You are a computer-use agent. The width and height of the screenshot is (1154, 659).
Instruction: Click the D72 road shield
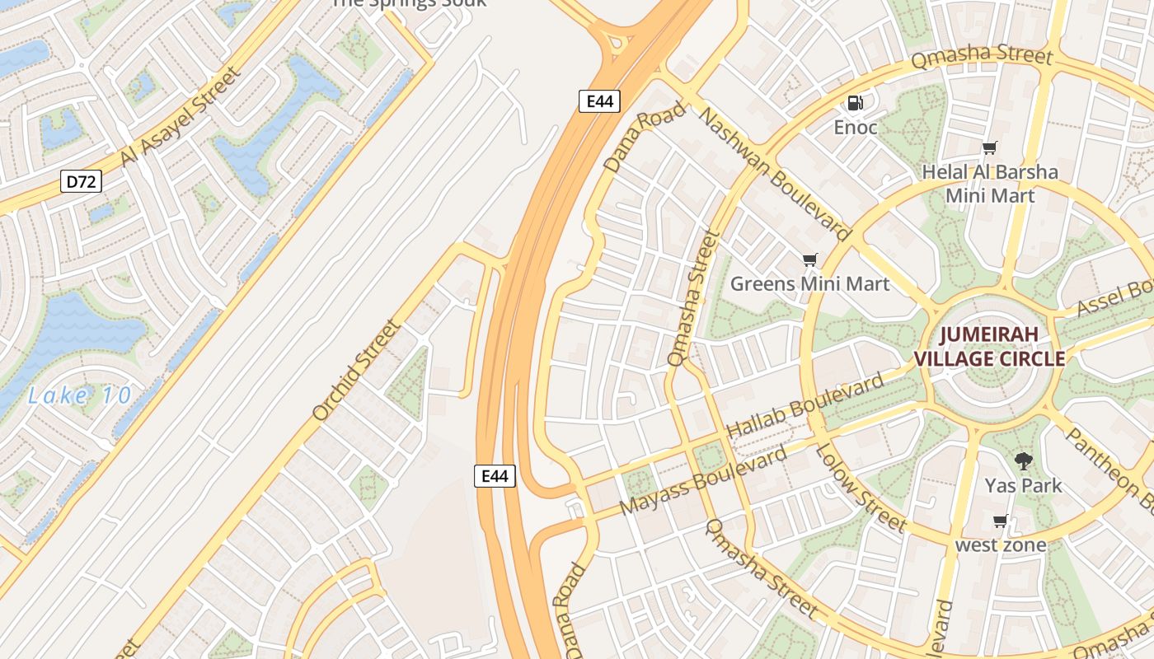(81, 181)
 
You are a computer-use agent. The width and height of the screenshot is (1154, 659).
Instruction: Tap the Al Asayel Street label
(181, 116)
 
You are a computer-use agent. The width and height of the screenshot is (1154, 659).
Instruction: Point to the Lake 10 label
(80, 395)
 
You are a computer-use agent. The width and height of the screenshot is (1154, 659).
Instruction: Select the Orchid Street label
(357, 370)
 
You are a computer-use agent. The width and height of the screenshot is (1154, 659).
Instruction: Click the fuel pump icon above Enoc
(856, 103)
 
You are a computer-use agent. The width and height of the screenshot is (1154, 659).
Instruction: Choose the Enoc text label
(856, 128)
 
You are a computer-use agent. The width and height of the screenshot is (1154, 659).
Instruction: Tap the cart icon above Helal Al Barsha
(989, 148)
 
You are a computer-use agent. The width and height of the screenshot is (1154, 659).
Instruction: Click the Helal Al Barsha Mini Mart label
(990, 184)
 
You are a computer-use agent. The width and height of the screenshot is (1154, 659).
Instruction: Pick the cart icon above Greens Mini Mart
(809, 260)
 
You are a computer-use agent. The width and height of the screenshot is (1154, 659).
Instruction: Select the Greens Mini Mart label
(810, 284)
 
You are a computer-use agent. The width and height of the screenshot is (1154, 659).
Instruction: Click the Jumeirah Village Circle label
(990, 347)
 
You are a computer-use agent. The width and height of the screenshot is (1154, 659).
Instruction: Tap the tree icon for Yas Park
(1024, 461)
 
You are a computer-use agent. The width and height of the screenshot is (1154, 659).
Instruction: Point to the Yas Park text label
(1024, 485)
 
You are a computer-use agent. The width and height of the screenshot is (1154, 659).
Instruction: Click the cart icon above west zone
(1001, 521)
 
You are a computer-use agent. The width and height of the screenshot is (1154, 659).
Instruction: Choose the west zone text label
(1001, 544)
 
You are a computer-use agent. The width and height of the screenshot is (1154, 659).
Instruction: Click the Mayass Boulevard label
(703, 481)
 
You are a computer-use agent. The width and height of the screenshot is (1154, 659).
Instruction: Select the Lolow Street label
(861, 486)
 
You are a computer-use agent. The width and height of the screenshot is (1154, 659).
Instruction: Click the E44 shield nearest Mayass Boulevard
(495, 475)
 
